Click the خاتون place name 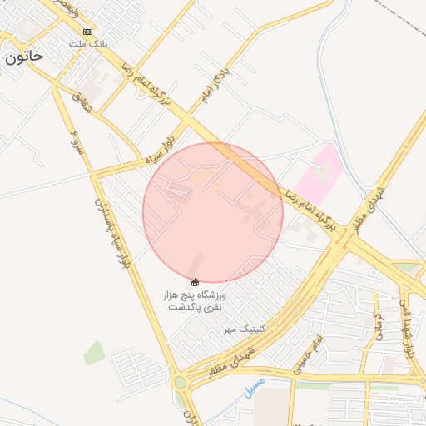[x=23, y=56]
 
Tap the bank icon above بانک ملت [x=88, y=32]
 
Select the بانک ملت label [x=87, y=42]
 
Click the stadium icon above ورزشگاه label [x=196, y=282]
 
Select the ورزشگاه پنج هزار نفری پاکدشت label [x=197, y=301]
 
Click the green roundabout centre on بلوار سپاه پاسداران [x=180, y=383]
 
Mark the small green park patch [x=95, y=353]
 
